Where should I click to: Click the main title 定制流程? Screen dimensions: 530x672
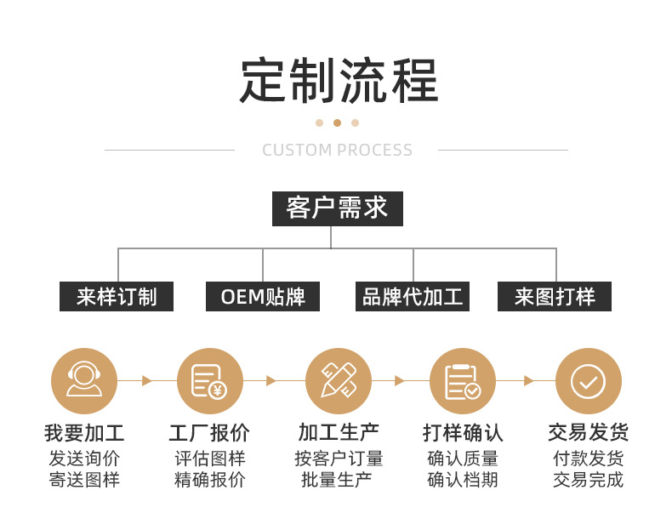pos(338,82)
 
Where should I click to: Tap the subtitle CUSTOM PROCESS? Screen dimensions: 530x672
pos(337,151)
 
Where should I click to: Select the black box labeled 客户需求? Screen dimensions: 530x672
pos(337,208)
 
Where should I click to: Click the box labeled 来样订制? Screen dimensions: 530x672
pos(117,297)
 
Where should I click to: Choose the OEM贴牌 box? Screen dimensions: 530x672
pos(263,297)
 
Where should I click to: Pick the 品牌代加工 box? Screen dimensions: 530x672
pos(413,297)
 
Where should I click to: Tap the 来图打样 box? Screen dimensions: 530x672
pos(555,297)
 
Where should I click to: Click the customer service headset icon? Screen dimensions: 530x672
pos(83,380)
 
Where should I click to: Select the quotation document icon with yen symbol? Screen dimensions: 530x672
pos(209,380)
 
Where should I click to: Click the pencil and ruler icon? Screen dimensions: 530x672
pos(338,380)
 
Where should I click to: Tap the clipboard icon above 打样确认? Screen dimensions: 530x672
pos(462,380)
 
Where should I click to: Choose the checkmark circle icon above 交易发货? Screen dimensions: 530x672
pos(588,380)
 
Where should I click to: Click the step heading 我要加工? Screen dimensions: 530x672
pos(83,433)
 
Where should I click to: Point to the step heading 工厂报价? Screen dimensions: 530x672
pos(209,433)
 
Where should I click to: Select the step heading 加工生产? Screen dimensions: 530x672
pos(338,433)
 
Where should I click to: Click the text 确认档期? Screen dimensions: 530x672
pos(462,480)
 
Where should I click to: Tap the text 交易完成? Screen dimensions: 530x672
pos(588,480)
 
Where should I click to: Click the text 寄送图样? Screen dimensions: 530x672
pos(83,480)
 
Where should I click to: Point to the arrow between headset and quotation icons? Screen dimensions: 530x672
pos(146,380)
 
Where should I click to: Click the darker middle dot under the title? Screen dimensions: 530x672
pos(337,123)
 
